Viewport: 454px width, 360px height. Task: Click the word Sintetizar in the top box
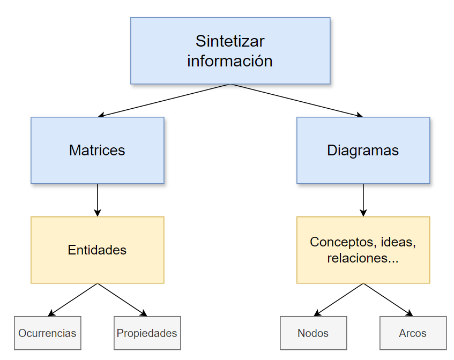(x=230, y=41)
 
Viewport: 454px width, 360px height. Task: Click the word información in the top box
(x=230, y=61)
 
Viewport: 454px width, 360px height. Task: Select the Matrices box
(x=97, y=151)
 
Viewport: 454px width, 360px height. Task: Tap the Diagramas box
(x=363, y=151)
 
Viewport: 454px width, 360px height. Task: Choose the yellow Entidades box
(x=97, y=250)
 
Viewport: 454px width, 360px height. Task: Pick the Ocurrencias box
(x=47, y=333)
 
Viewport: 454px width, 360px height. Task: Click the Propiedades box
(x=147, y=333)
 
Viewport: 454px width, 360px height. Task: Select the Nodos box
(x=313, y=333)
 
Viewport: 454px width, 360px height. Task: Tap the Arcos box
(x=413, y=333)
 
